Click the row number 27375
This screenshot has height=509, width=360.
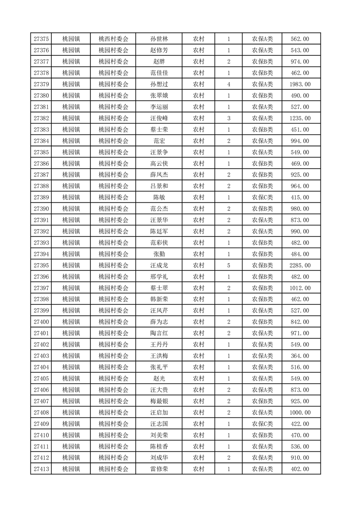41,39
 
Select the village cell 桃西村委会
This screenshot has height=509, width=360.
113,39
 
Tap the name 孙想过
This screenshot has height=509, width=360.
159,84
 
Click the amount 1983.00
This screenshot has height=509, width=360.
300,84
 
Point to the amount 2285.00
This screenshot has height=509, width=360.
300,265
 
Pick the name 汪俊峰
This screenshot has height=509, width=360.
159,118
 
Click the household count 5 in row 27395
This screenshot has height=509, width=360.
228,265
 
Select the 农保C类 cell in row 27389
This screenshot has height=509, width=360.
262,197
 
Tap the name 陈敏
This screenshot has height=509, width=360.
159,197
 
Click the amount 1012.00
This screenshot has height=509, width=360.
300,288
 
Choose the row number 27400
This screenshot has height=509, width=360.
41,322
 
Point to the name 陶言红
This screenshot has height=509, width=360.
159,333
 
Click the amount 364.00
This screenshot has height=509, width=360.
300,356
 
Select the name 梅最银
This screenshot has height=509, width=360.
159,401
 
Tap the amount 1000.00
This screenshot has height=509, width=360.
300,413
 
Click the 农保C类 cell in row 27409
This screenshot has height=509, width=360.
262,424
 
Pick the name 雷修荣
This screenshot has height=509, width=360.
159,469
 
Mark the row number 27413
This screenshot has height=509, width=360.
41,469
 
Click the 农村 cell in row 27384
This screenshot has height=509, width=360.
198,141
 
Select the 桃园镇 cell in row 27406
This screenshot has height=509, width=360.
71,390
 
